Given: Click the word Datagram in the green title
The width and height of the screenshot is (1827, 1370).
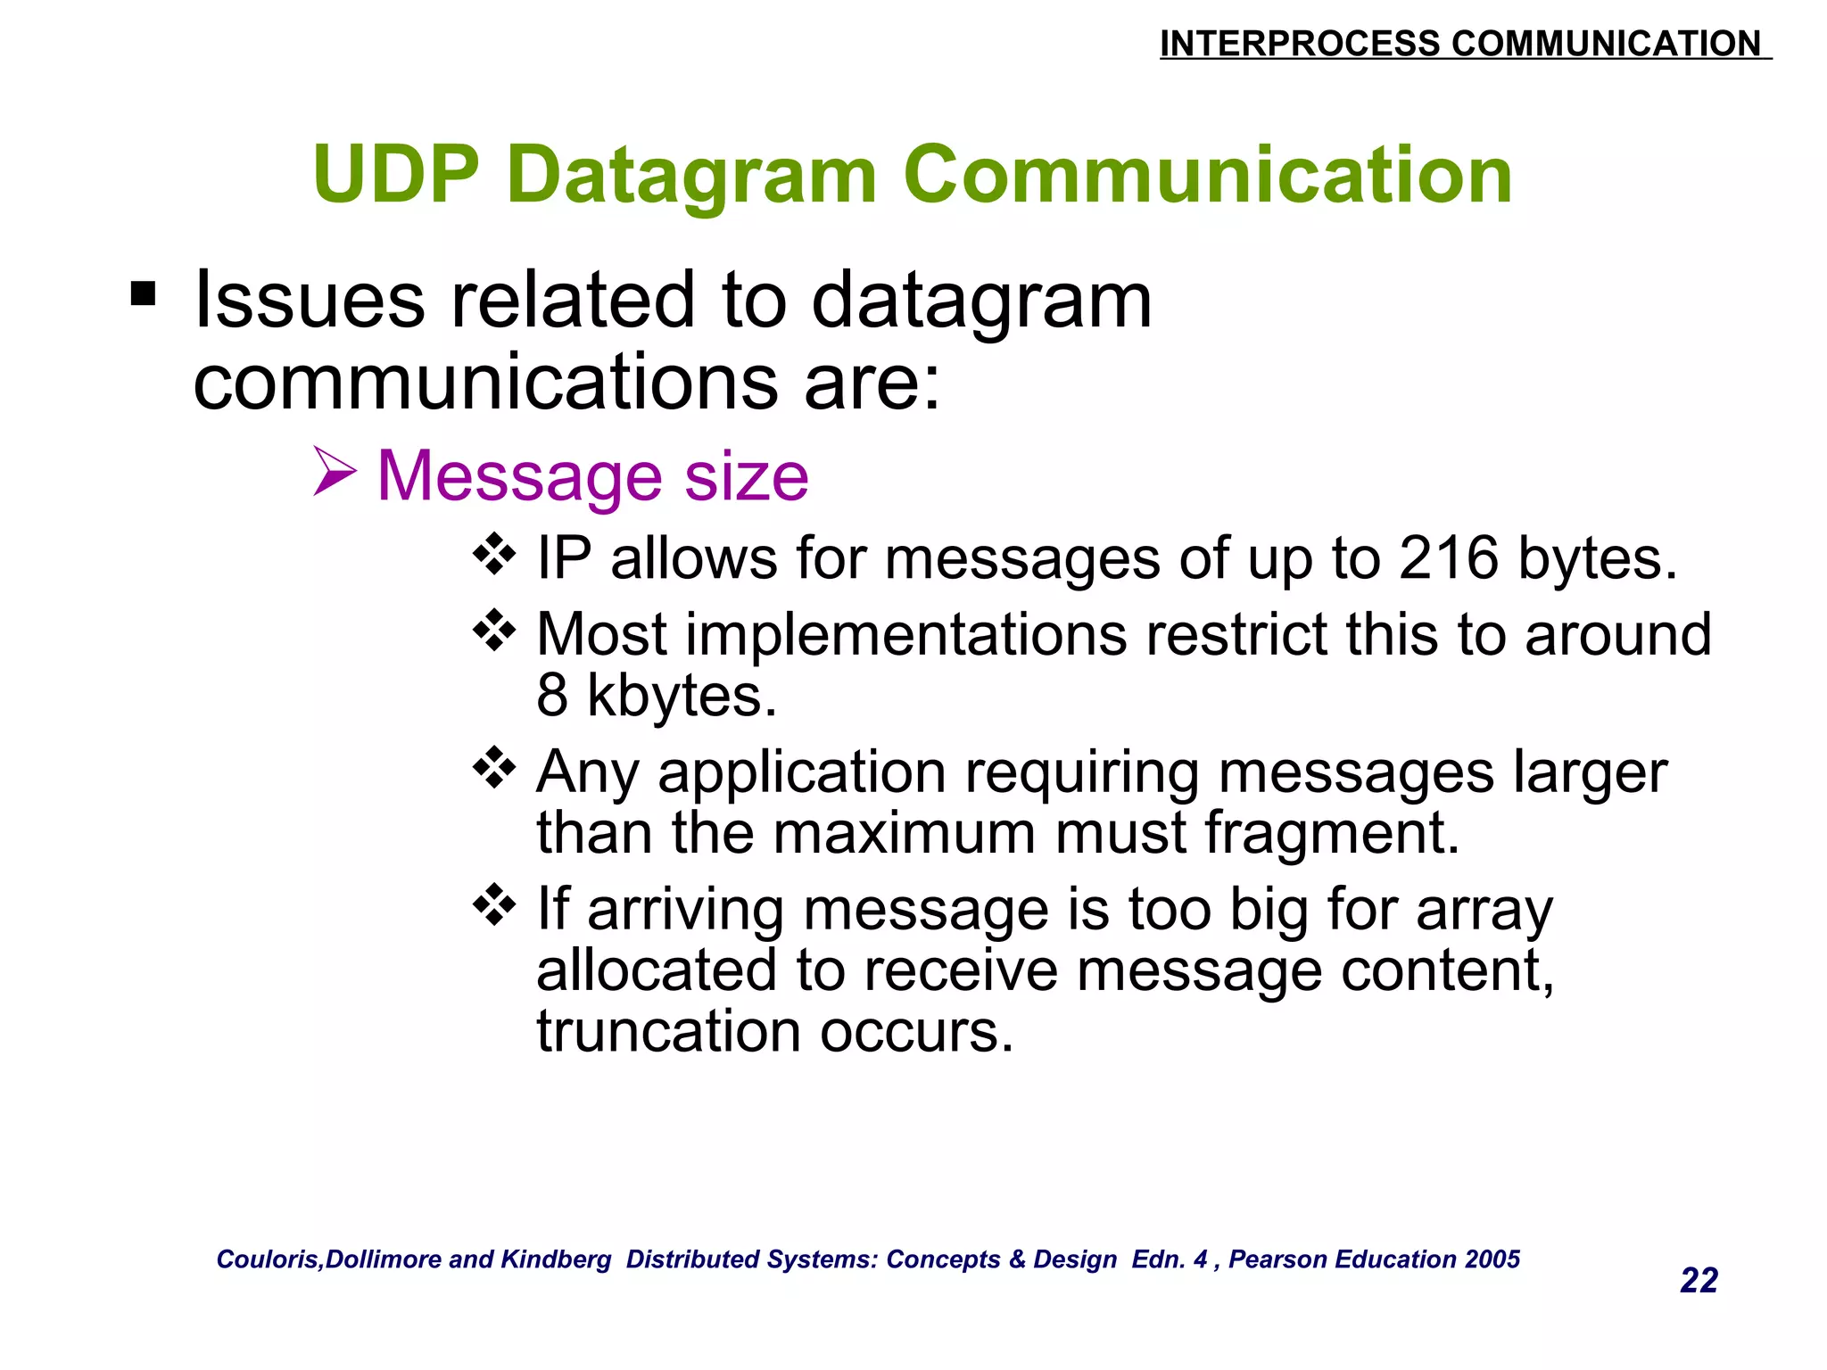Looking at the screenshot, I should point(692,177).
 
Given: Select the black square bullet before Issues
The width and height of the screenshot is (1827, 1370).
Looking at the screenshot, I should point(143,293).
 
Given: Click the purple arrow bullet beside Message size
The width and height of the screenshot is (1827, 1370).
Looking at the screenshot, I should point(335,472).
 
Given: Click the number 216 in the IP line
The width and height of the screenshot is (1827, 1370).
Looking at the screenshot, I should point(1448,559).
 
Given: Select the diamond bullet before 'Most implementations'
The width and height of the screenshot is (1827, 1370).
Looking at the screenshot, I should point(494,631).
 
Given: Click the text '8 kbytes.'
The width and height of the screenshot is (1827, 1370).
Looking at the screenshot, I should point(657,696).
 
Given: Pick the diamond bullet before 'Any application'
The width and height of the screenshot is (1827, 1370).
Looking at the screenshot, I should point(494,767).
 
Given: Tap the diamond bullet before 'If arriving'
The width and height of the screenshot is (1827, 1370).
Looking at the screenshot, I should point(494,905).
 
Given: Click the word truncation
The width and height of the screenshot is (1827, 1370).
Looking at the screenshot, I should point(669,1032).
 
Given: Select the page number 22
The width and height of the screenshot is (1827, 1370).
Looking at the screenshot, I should point(1699,1281).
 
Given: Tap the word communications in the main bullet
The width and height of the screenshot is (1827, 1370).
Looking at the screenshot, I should point(486,384).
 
